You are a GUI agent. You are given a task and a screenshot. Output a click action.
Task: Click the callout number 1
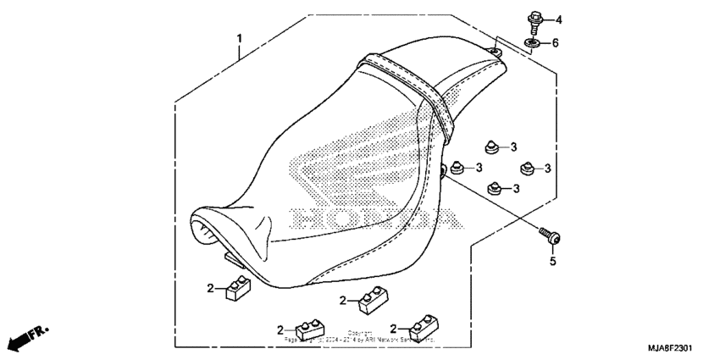(240, 39)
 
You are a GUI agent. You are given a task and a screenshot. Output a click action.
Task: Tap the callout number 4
(558, 19)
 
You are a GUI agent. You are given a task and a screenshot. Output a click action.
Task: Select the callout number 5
(552, 262)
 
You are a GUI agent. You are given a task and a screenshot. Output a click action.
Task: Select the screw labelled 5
(548, 237)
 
